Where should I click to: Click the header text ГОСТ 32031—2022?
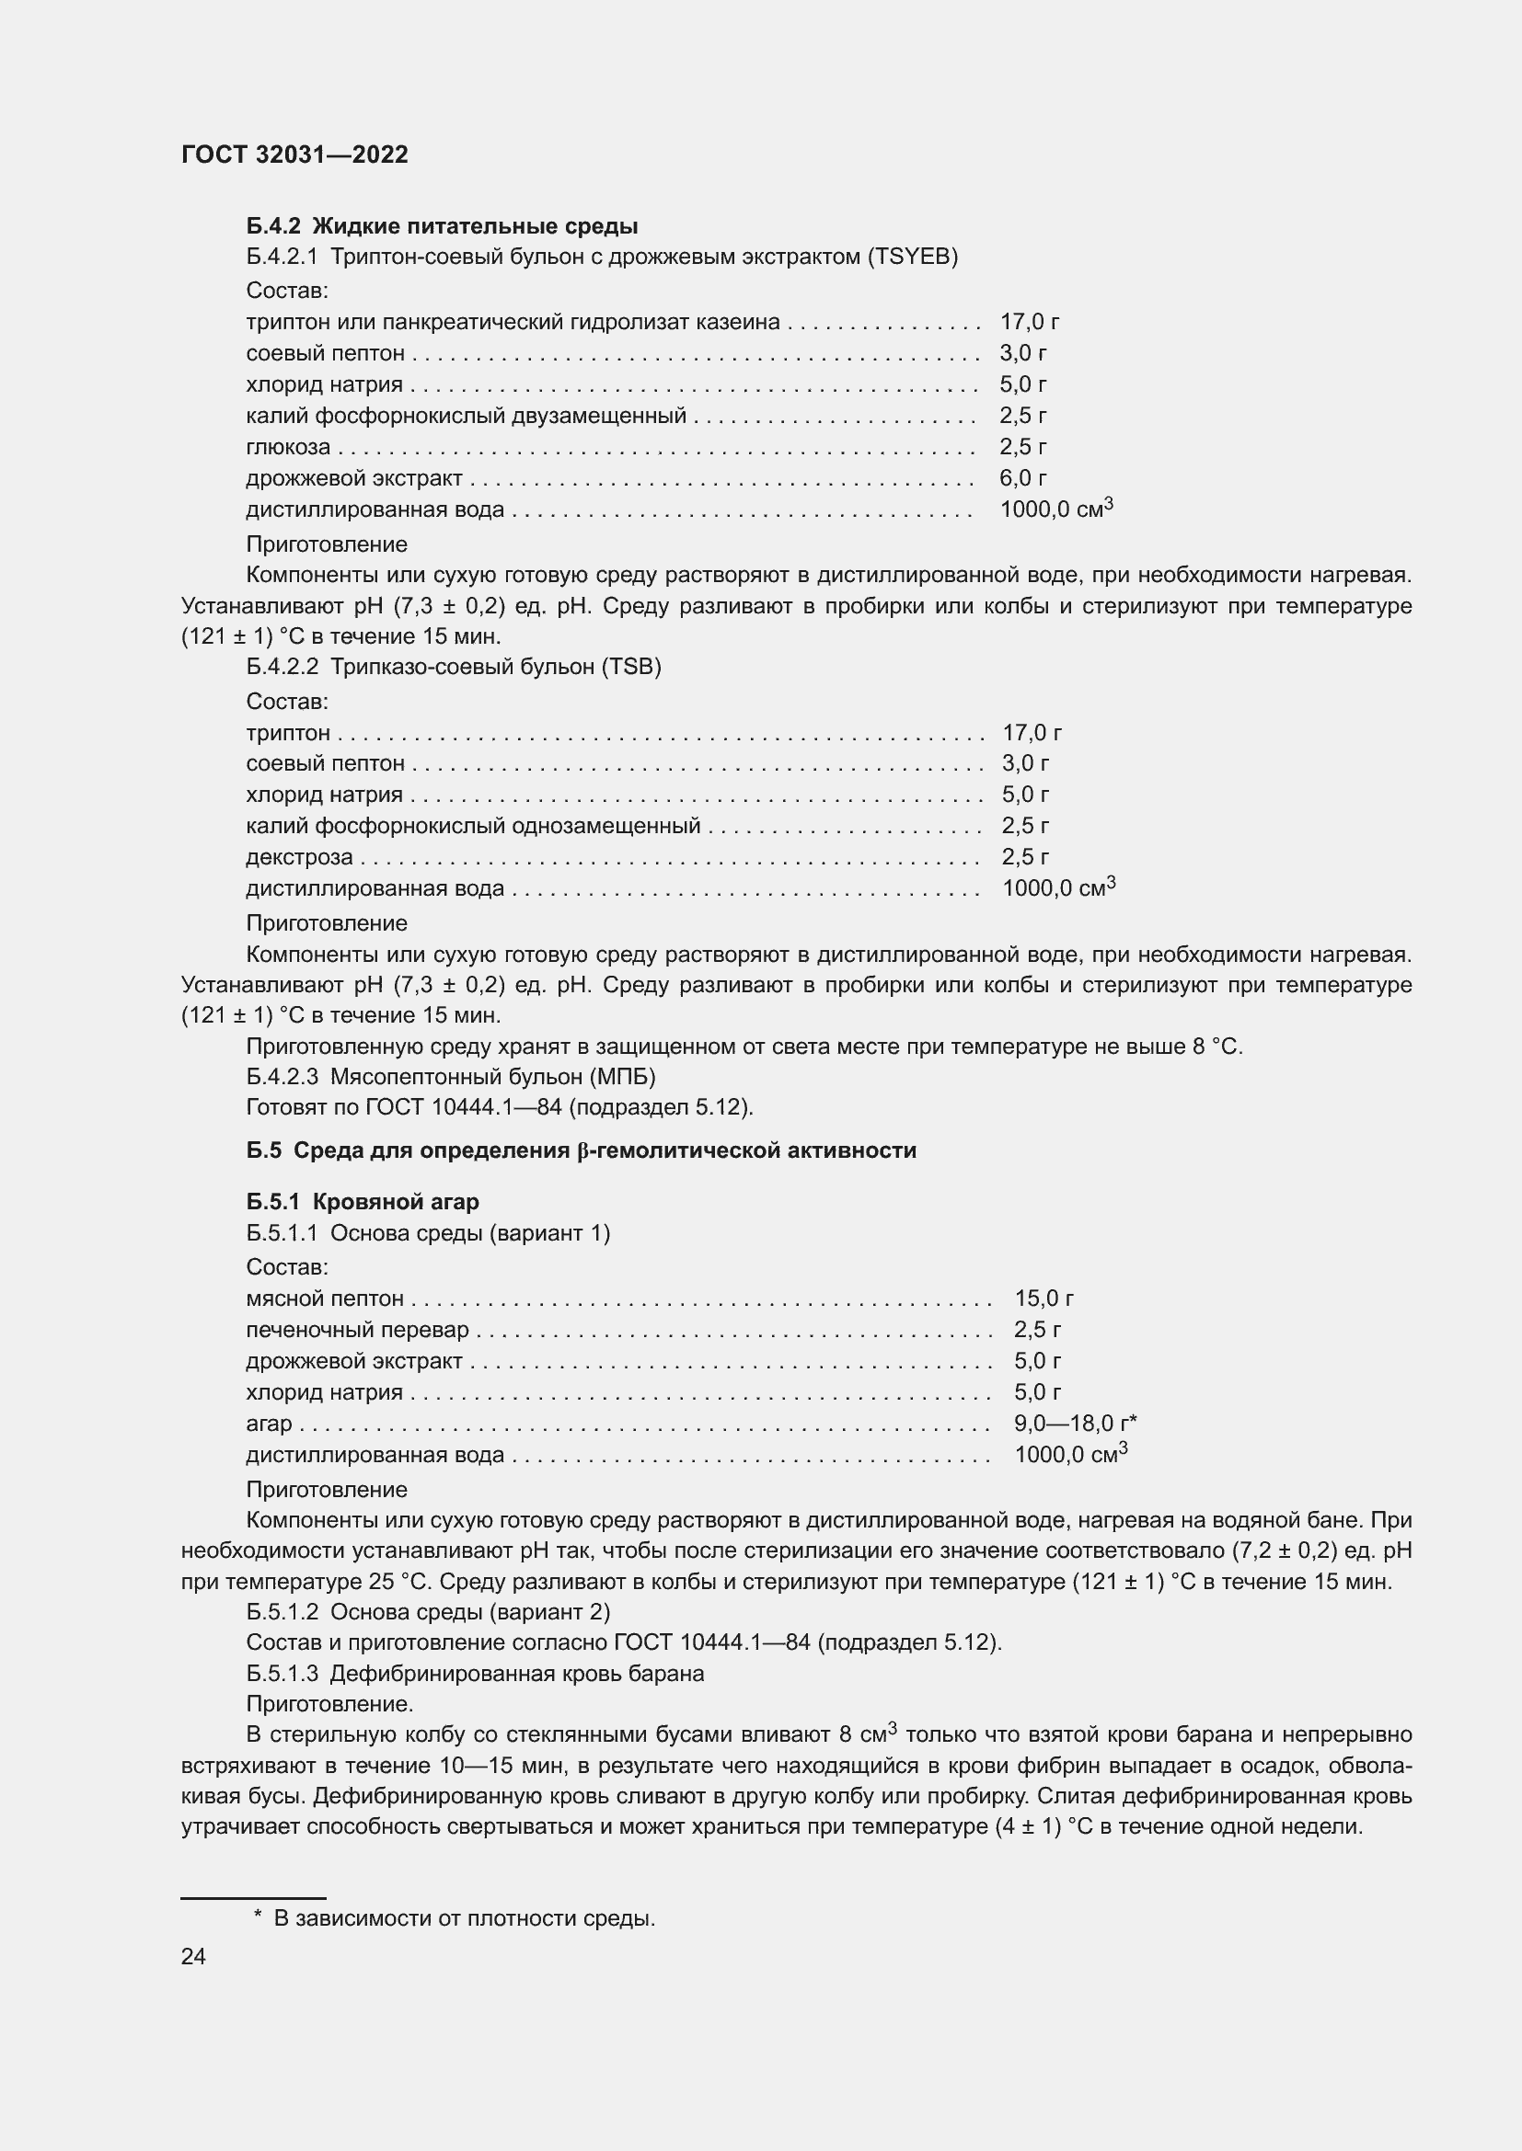(294, 154)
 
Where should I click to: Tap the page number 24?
(193, 1956)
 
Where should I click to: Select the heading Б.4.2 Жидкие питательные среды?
(442, 226)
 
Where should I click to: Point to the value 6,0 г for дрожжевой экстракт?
(1022, 478)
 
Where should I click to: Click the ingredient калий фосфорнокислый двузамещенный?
(466, 415)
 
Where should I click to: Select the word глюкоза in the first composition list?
(288, 447)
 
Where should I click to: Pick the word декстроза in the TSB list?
(299, 857)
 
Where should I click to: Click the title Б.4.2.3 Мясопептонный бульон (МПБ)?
(451, 1077)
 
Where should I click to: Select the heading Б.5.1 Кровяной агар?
(362, 1201)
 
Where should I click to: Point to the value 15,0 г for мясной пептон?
(1043, 1299)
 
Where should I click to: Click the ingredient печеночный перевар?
(357, 1330)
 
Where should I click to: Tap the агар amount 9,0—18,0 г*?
(1075, 1424)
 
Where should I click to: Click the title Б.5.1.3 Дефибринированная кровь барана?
(475, 1674)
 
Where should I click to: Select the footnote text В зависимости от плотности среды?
(464, 1917)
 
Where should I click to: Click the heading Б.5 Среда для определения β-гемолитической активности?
(581, 1150)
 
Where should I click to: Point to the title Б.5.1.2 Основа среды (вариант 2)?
(428, 1611)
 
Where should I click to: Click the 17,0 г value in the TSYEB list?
(1029, 321)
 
